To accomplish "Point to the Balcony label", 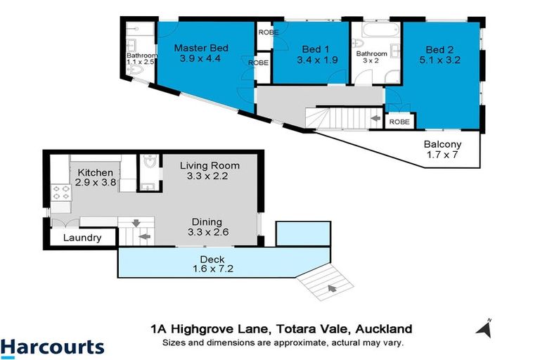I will click(x=442, y=145).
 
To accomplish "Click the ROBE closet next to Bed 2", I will click(x=399, y=122).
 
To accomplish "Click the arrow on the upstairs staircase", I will click(x=375, y=119).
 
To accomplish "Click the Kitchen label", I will click(x=95, y=173).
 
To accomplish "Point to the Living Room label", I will click(x=210, y=166).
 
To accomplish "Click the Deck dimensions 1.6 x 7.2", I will click(x=209, y=269).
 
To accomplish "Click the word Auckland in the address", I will click(x=383, y=328).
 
